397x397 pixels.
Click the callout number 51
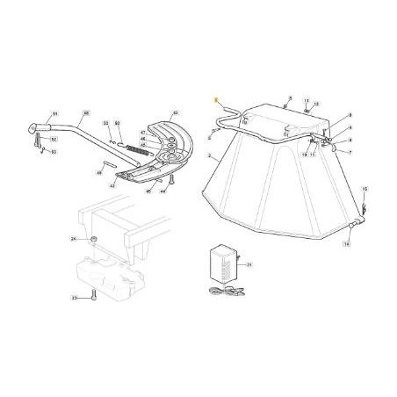[54, 114]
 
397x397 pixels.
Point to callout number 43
[175, 114]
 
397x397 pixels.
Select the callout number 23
[75, 299]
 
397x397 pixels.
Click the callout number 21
[249, 263]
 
